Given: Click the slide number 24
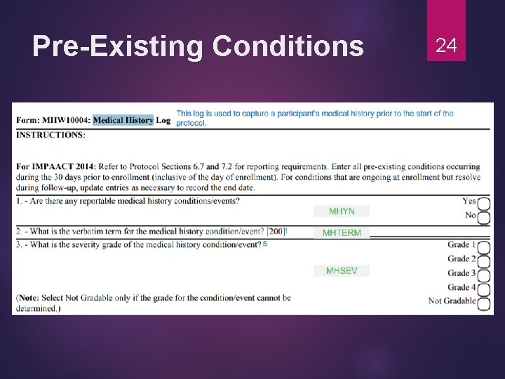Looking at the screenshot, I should pos(446,46).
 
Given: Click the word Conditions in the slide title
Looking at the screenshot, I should pos(288,46).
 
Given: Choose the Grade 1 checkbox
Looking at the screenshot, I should pos(484,246).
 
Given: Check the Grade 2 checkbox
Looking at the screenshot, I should pos(484,260).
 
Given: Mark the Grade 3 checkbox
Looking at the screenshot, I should pos(484,274).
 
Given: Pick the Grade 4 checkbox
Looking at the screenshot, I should pos(484,288).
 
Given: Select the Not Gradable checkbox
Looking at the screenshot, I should pos(484,302).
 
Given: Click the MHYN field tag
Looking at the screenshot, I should pos(342,211).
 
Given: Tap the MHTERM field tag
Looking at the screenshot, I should pos(342,233).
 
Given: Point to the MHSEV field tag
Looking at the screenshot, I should pos(342,271).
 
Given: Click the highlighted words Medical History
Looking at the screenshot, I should pos(123,120).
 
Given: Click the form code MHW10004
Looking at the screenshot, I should pos(65,120).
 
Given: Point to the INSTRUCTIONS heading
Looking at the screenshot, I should pos(50,135).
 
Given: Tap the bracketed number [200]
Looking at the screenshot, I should pos(276,231).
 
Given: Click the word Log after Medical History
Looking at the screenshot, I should pos(163,120).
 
